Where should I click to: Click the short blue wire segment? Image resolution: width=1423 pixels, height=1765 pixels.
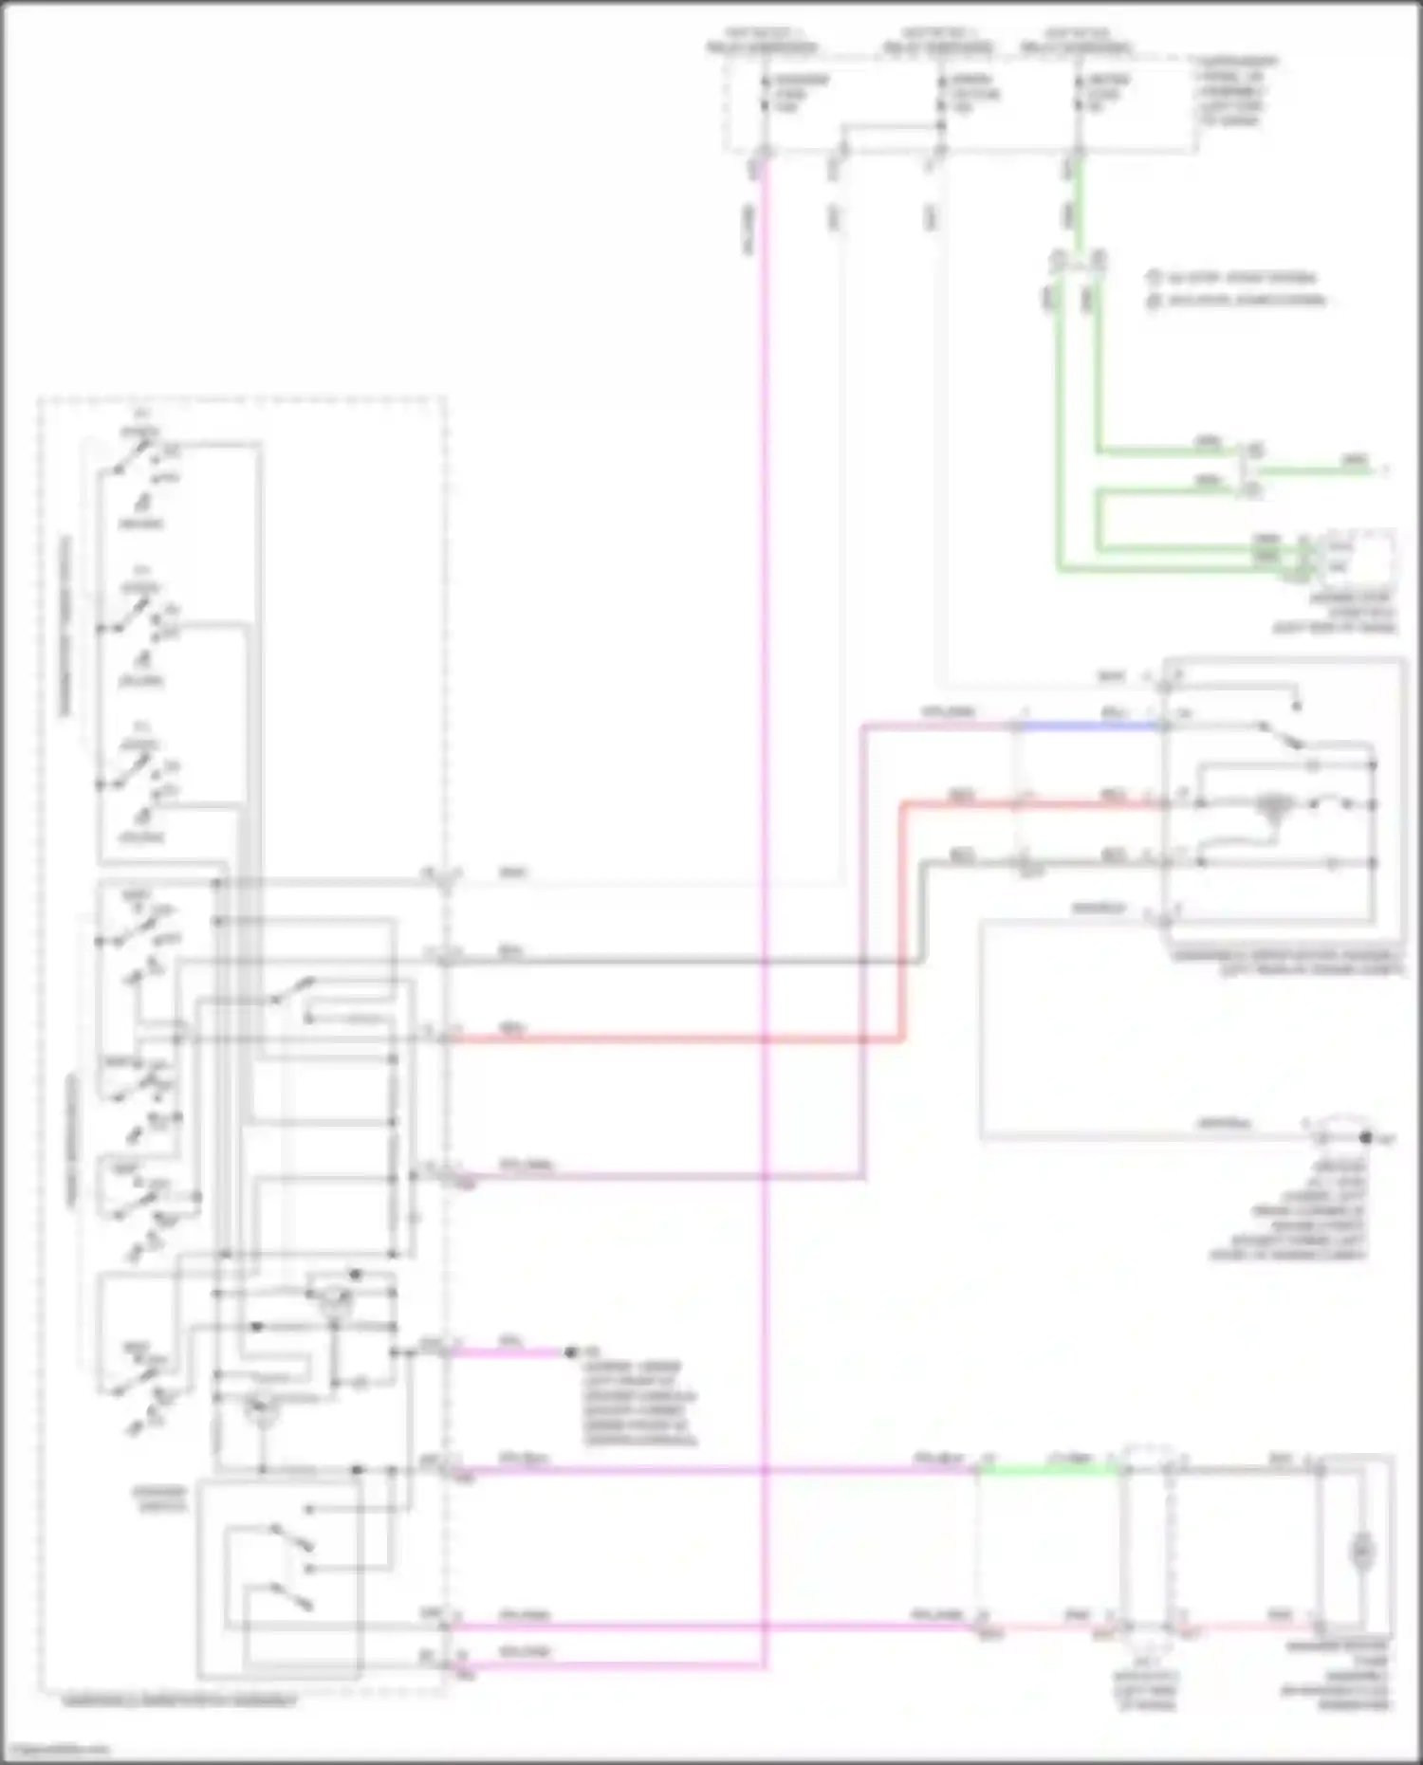[1091, 726]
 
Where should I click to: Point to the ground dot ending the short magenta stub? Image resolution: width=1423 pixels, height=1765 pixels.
[570, 1352]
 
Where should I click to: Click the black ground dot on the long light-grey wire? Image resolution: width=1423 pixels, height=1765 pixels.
[1365, 1136]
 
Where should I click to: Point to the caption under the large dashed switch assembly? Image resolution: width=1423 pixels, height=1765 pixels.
[180, 1701]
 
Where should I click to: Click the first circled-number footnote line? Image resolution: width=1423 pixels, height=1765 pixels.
[1233, 279]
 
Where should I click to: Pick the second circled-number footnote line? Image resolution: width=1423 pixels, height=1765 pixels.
[1233, 302]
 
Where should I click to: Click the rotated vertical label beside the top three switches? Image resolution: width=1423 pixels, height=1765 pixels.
[66, 626]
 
